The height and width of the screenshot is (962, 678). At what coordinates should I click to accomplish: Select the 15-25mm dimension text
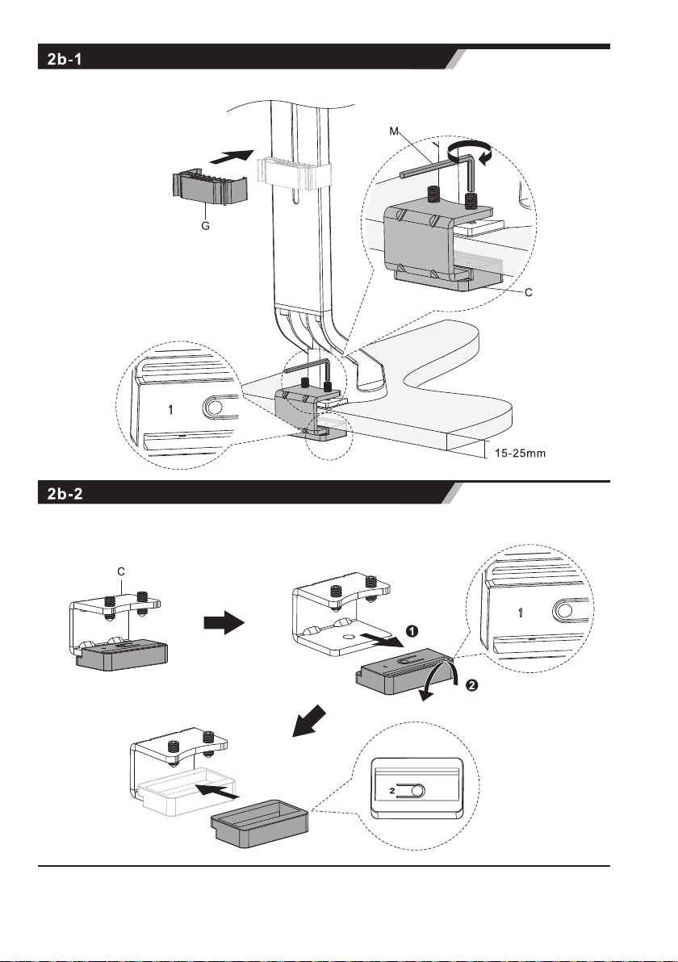pos(521,454)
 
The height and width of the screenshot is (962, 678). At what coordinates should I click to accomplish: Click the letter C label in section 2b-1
pos(528,293)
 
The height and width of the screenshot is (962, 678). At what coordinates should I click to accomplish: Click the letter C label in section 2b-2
pos(120,571)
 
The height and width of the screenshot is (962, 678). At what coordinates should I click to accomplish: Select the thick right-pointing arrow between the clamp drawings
pos(224,623)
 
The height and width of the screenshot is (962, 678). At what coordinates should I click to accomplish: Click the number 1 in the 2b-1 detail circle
pos(170,409)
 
